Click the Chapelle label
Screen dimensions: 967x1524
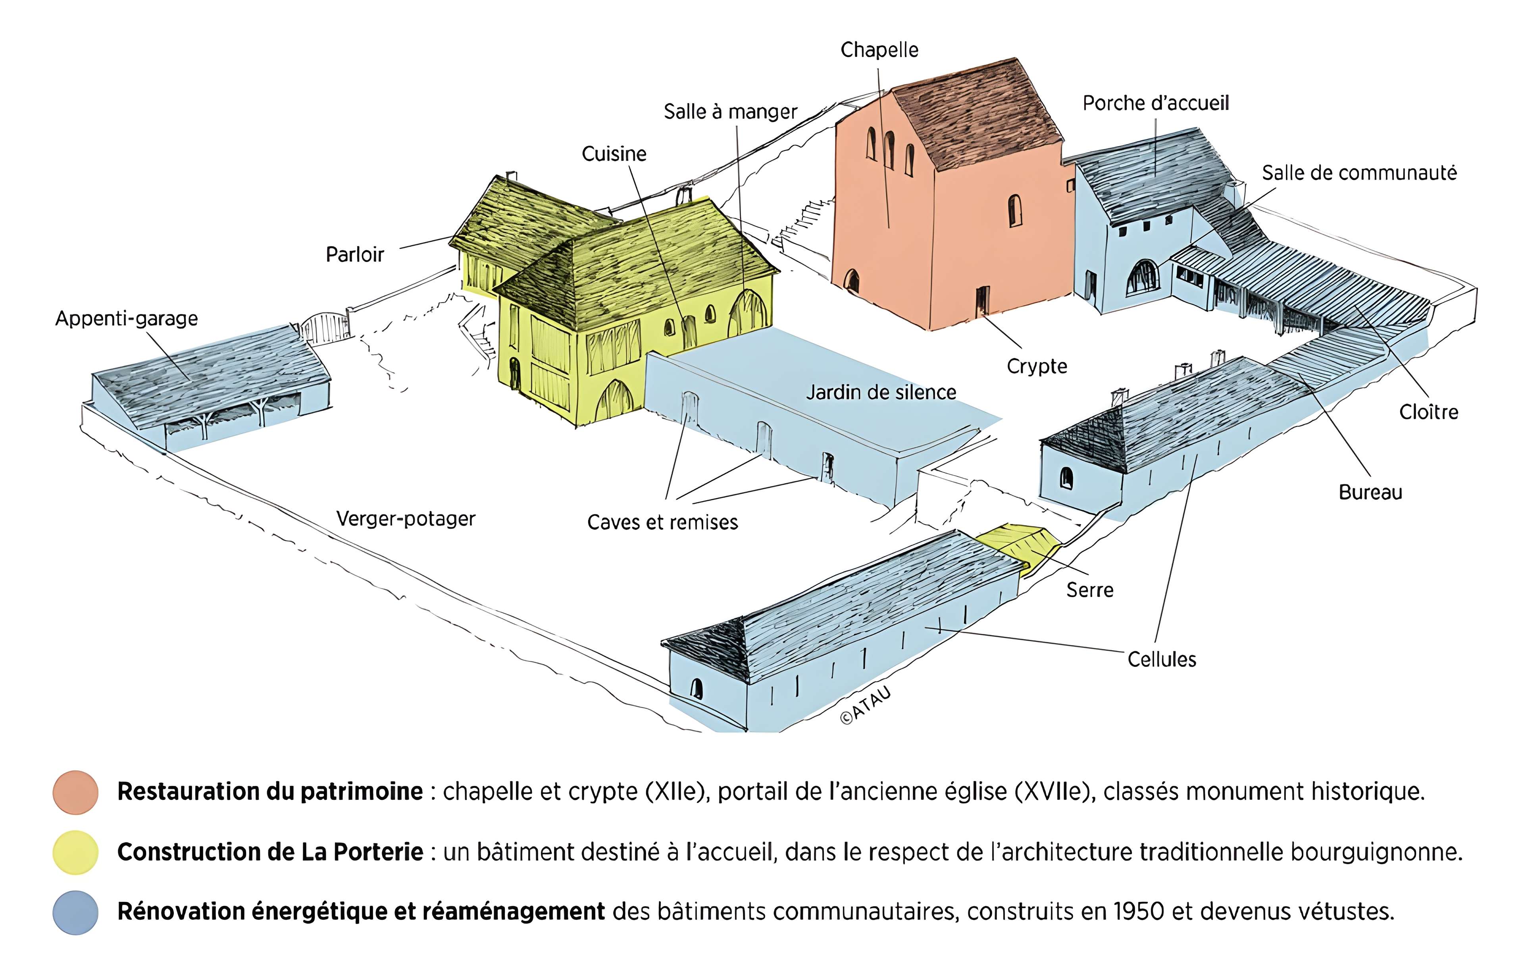coord(879,50)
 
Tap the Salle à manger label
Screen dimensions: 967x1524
coord(730,112)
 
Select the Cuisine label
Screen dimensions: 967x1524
coord(614,154)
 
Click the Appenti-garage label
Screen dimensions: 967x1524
coord(127,318)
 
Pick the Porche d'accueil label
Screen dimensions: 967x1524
coord(1156,103)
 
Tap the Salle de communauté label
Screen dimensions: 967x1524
coord(1359,173)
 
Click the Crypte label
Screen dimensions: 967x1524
coord(1037,366)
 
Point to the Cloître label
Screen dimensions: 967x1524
coord(1428,412)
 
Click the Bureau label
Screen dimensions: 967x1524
coord(1370,492)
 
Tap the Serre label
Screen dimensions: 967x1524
coord(1089,590)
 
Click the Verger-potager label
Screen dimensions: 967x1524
coord(406,519)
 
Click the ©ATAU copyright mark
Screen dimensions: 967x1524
coord(865,704)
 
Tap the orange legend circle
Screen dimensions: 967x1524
coord(75,792)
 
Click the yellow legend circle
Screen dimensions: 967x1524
coord(75,852)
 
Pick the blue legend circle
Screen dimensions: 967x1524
coord(75,913)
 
